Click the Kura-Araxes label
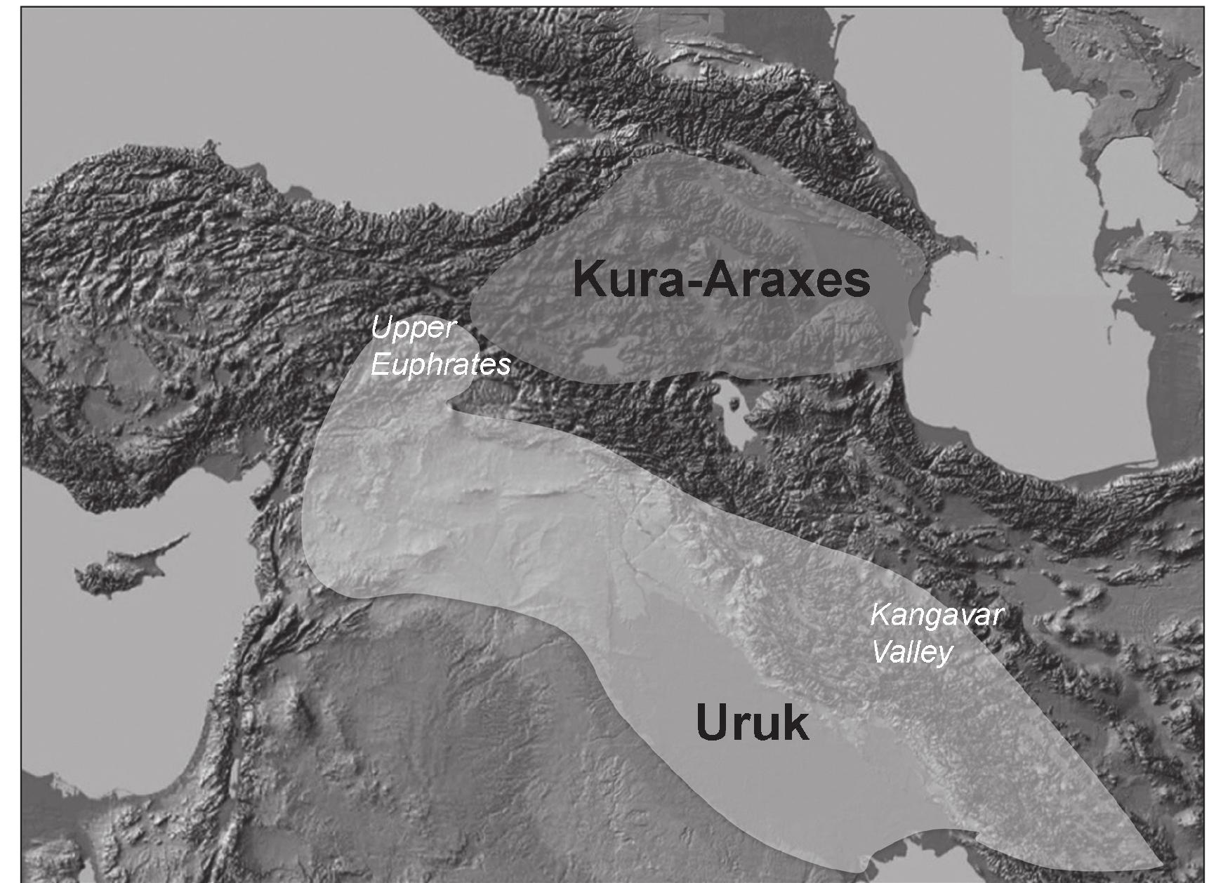[x=721, y=279]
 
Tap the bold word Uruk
[x=752, y=723]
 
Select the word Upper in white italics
[x=414, y=328]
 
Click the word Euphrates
[x=440, y=365]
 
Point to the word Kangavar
[x=937, y=616]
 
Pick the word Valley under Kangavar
[x=911, y=653]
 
